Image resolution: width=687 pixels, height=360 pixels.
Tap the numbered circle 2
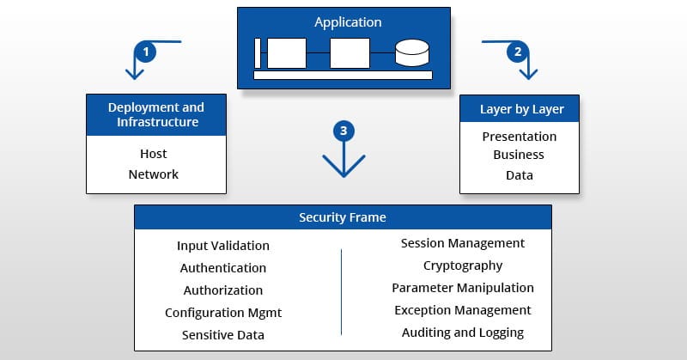click(517, 52)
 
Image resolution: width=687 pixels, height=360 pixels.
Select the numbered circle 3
click(343, 131)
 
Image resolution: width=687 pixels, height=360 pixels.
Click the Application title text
click(348, 22)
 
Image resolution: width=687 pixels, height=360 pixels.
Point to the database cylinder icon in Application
click(410, 53)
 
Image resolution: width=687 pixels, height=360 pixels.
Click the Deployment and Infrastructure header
click(156, 114)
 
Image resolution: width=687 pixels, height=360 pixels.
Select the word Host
click(154, 154)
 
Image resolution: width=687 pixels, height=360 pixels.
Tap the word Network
click(154, 174)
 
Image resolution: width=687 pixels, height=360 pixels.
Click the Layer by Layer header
click(520, 109)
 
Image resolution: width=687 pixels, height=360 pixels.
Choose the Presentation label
click(520, 137)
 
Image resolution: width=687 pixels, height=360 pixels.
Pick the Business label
click(519, 156)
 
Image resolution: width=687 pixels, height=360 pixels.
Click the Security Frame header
click(343, 217)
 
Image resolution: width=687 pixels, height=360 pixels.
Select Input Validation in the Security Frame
click(223, 247)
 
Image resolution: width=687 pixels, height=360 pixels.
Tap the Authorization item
click(223, 290)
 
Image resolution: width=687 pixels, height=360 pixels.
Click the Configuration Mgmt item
click(223, 313)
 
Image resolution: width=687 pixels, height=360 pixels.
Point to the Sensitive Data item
click(223, 335)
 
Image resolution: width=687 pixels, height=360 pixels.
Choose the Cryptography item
click(463, 265)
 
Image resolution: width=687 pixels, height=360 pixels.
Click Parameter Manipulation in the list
click(463, 288)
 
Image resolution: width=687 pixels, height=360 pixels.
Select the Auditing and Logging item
click(463, 333)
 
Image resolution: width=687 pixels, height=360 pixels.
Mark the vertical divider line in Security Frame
click(342, 291)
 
